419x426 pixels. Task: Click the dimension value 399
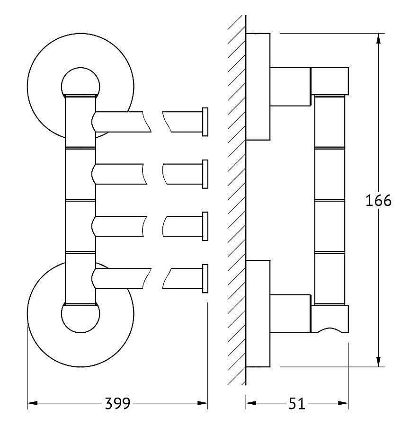pos(117,403)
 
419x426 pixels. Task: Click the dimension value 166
pos(378,201)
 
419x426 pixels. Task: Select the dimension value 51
pos(297,403)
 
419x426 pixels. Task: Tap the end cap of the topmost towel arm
pos(205,122)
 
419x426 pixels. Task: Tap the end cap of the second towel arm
pos(205,174)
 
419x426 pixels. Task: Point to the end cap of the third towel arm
pos(205,226)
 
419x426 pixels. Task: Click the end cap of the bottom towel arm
pos(205,278)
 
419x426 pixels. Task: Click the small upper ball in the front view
pos(80,82)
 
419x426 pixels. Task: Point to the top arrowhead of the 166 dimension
pos(378,38)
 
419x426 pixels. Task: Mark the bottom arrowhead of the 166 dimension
pos(378,362)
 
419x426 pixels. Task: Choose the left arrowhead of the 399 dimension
pos(33,403)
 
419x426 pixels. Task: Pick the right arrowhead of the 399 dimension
pos(203,403)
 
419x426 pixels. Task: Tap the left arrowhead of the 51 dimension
pos(251,403)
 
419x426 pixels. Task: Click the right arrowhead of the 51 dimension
pos(343,403)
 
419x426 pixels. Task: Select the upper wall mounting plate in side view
pos(258,87)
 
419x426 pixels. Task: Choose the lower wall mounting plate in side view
pos(258,313)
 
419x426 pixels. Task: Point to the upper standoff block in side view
pos(290,87)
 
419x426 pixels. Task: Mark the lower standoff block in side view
pos(290,313)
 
